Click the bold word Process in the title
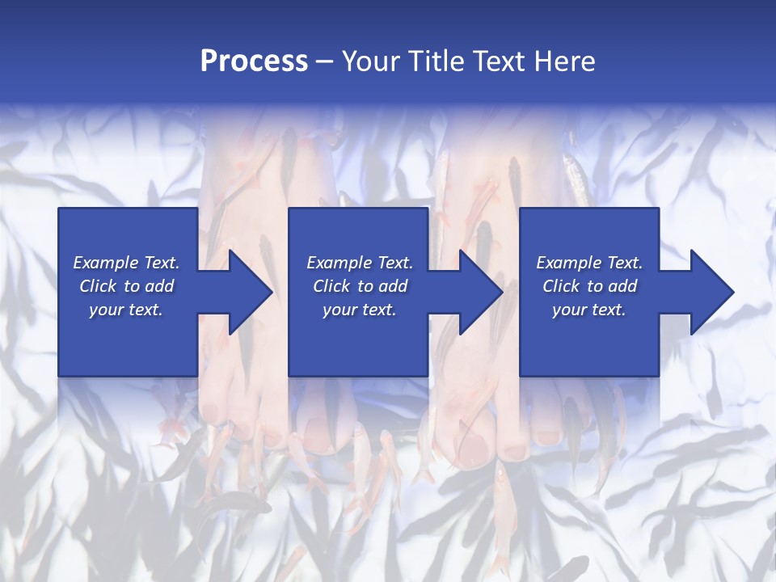click(254, 61)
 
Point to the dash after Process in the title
click(325, 62)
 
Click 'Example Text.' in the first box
click(126, 263)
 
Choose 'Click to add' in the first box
click(126, 286)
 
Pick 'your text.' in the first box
click(126, 310)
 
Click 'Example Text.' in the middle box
click(359, 263)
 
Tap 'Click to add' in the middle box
click(359, 286)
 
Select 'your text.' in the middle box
click(359, 310)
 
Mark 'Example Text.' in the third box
click(589, 263)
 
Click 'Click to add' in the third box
click(589, 286)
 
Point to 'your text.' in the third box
click(589, 310)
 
